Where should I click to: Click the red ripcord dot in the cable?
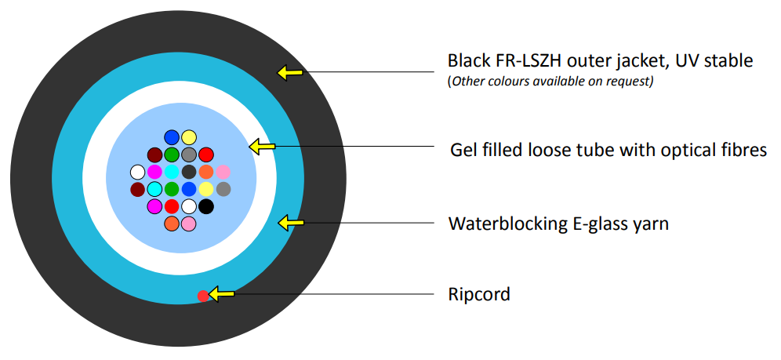click(202, 296)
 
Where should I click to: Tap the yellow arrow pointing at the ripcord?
click(223, 294)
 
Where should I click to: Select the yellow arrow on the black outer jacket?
click(289, 73)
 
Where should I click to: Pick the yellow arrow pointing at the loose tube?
click(262, 146)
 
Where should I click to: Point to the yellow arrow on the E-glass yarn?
click(290, 224)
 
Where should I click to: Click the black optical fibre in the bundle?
click(206, 206)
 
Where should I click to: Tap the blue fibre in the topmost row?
click(172, 137)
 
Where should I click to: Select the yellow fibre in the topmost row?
click(189, 137)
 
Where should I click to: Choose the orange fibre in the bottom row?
click(172, 224)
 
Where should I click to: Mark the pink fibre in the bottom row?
click(189, 224)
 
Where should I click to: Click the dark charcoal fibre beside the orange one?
click(189, 172)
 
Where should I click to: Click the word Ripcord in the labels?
click(478, 295)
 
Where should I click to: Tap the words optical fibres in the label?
click(709, 149)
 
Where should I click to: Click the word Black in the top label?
click(469, 60)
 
